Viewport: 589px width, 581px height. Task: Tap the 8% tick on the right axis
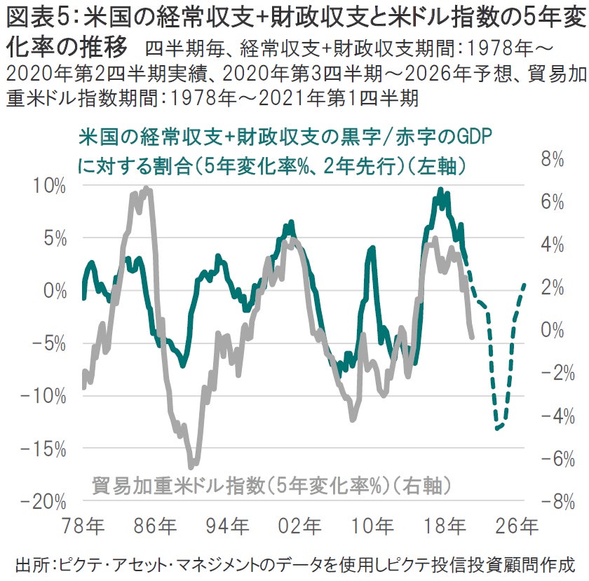553,160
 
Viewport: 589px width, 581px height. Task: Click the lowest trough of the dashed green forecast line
496,429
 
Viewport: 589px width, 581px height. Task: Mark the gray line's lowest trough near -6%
191,466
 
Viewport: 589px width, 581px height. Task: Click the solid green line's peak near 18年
440,189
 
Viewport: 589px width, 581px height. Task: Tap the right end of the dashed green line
524,284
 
